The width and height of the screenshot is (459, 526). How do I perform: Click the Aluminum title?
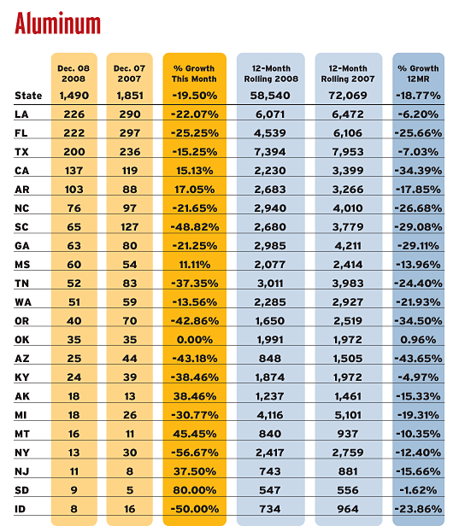pos(57,23)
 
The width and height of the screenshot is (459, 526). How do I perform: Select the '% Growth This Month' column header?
pos(194,73)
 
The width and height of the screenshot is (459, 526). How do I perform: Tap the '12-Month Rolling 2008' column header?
pos(271,73)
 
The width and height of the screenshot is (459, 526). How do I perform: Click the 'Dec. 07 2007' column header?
pos(129,73)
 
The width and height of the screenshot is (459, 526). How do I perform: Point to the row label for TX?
pos(21,152)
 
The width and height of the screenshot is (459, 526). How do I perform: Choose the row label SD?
pos(21,490)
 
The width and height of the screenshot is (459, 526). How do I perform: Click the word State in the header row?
pos(28,96)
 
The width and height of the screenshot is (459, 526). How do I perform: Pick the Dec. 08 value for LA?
pos(74,114)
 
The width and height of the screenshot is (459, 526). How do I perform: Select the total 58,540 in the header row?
pos(270,96)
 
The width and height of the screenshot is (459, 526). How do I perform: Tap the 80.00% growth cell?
pos(195,490)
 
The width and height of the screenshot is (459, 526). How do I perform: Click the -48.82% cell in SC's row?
pos(195,227)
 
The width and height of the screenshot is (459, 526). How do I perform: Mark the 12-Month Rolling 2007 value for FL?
pos(348,133)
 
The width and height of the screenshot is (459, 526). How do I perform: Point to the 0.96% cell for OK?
pos(418,340)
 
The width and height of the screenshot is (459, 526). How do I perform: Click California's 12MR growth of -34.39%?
pos(418,171)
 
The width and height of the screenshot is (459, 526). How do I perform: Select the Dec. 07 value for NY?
pos(130,453)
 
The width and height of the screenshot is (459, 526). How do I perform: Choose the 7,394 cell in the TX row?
pos(270,152)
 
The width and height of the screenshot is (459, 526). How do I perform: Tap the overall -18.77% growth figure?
pos(418,96)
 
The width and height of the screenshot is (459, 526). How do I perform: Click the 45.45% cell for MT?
pos(195,434)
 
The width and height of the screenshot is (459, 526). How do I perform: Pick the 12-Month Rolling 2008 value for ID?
pos(270,509)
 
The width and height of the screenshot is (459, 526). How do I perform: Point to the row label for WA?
pos(23,302)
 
